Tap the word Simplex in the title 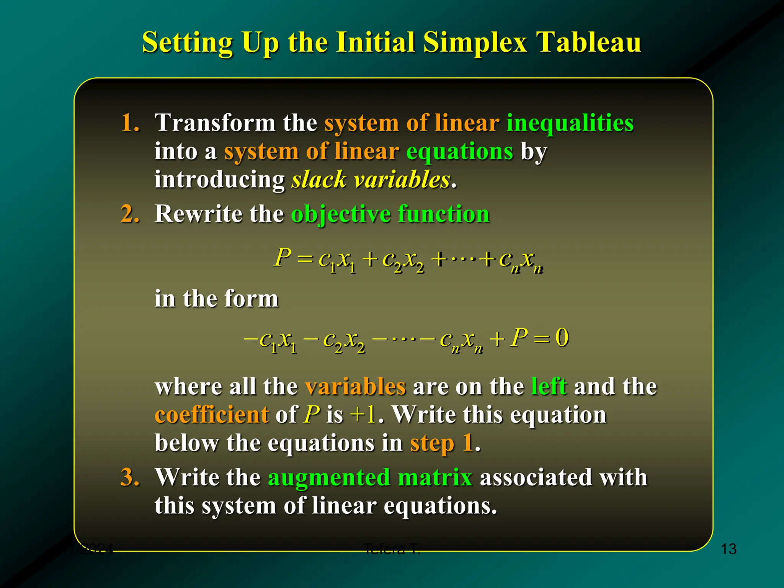475,42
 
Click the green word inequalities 570,123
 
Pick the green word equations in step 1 459,152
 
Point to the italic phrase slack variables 371,180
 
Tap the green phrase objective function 390,214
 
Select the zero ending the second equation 562,338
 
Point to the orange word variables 355,387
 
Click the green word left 549,387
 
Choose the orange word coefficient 212,415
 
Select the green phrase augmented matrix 370,477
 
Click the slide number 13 728,549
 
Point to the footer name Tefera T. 391,549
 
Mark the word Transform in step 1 215,123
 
